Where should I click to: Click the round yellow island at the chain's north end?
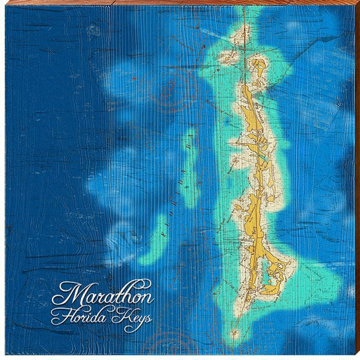258,66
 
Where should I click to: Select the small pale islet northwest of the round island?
230,58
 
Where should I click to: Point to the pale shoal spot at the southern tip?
234,333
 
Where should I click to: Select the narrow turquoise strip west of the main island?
188,169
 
